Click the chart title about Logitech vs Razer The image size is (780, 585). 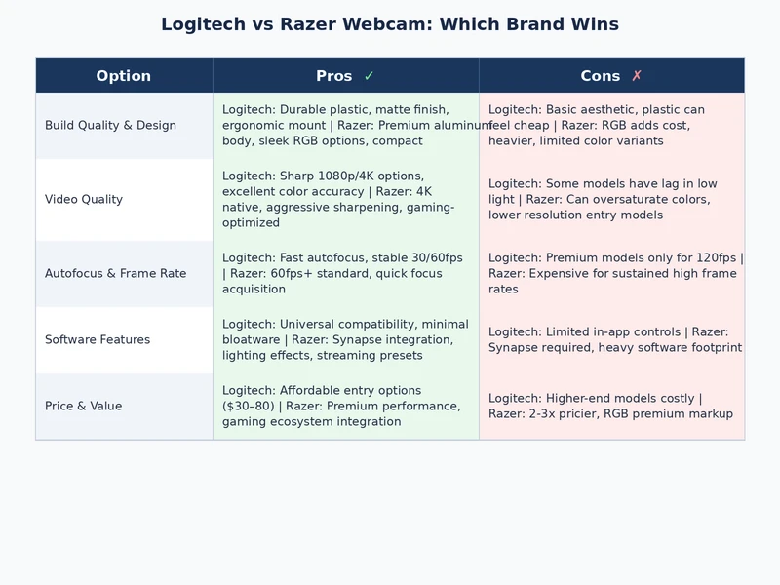[x=390, y=24]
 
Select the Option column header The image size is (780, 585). [x=124, y=76]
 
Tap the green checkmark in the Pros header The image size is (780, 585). [x=369, y=76]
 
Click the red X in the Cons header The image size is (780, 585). [x=637, y=76]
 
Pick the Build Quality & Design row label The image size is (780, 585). [x=110, y=125]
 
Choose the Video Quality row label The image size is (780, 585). [x=84, y=199]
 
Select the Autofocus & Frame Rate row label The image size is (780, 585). [x=115, y=273]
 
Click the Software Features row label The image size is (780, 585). [x=97, y=339]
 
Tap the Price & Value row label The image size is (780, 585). [x=84, y=406]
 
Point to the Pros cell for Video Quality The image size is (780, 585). [x=345, y=199]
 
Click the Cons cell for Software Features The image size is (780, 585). [x=611, y=339]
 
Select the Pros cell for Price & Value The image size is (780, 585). [x=345, y=406]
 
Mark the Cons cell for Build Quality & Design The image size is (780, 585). [x=611, y=125]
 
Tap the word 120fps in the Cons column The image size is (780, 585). [x=713, y=257]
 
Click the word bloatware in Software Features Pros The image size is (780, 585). [x=252, y=339]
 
